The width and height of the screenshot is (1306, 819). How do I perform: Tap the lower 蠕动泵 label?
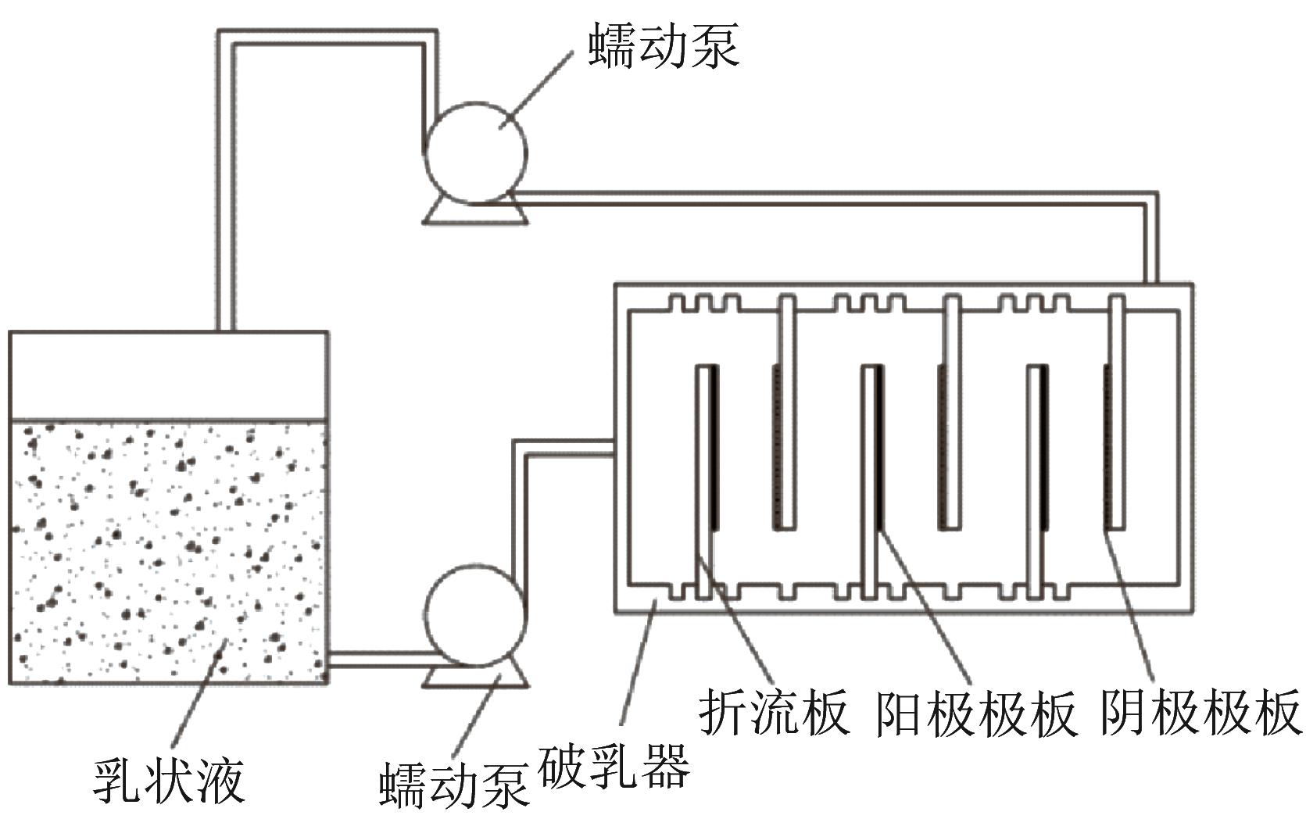tap(454, 785)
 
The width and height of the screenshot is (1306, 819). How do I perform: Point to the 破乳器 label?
tap(614, 765)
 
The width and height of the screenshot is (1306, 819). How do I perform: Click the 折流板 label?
tap(773, 712)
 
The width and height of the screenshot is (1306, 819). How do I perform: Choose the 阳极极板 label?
tap(976, 712)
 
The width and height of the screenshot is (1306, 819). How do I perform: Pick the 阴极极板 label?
tap(1201, 712)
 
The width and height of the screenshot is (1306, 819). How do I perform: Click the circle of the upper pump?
tap(475, 152)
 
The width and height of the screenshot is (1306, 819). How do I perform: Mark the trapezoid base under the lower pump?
tap(475, 677)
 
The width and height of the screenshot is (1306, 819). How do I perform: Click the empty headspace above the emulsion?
tap(168, 375)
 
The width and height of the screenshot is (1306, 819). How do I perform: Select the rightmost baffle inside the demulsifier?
tap(1118, 414)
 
